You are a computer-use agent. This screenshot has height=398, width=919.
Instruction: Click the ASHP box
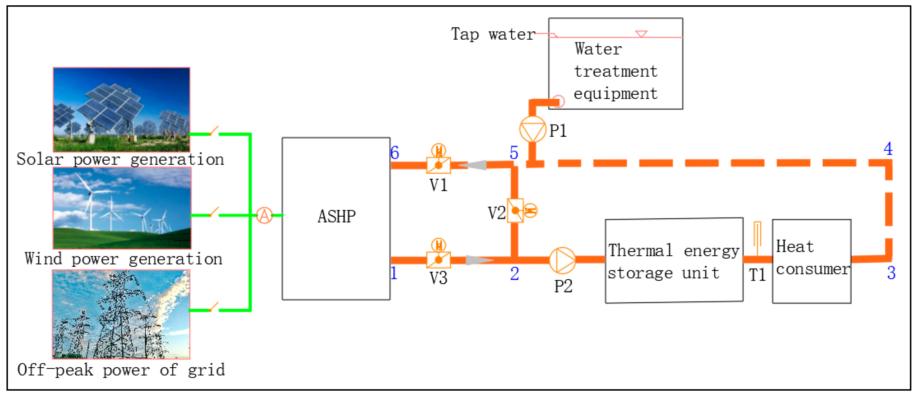click(336, 218)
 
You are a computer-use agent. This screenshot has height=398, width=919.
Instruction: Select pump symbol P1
click(532, 129)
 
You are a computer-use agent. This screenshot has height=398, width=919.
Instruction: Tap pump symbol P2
click(562, 260)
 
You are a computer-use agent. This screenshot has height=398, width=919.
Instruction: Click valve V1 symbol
click(439, 165)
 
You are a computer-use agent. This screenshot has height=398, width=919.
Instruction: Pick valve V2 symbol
click(515, 210)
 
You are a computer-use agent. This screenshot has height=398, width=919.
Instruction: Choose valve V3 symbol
click(439, 260)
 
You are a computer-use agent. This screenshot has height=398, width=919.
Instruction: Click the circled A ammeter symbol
click(264, 215)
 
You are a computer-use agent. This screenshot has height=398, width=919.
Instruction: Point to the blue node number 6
click(394, 153)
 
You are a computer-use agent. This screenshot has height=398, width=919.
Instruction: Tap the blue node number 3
click(891, 273)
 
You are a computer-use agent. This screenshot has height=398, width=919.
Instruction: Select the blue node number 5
click(514, 153)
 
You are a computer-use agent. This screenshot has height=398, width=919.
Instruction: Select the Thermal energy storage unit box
click(674, 260)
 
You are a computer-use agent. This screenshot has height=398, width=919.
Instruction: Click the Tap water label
click(493, 35)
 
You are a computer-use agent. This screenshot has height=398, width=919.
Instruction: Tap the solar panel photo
click(121, 109)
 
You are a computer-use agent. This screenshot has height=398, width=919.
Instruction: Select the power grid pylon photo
click(121, 314)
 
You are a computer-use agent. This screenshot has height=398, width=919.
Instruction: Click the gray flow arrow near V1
click(473, 165)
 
